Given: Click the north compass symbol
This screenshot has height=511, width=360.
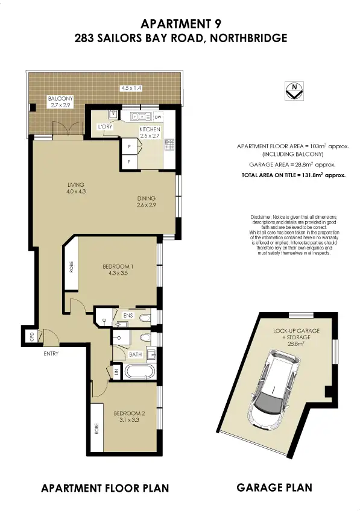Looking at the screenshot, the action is (294, 90).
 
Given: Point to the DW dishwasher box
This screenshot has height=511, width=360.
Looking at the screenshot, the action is (158, 117).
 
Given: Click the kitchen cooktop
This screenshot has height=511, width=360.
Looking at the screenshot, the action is (169, 145).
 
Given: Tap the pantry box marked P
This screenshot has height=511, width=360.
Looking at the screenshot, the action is (129, 146).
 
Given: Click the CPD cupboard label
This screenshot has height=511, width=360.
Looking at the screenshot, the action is (32, 337).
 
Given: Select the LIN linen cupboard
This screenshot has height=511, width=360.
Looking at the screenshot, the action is (116, 372).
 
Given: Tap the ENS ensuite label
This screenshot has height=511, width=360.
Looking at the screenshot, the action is (128, 316).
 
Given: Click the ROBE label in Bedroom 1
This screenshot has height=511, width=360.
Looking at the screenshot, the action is (71, 267).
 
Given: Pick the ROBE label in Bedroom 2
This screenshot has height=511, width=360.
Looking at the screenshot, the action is (96, 428).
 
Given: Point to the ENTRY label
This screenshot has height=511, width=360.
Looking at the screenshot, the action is (51, 353).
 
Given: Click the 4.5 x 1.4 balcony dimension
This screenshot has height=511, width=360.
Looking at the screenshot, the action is (131, 87).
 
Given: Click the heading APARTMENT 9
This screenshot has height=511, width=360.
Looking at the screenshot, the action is (181, 24).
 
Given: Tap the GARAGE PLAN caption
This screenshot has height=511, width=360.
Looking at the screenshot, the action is (274, 487).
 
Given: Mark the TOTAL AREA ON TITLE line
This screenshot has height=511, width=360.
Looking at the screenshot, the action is (294, 175).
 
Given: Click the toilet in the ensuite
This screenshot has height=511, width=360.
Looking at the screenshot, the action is (145, 318).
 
